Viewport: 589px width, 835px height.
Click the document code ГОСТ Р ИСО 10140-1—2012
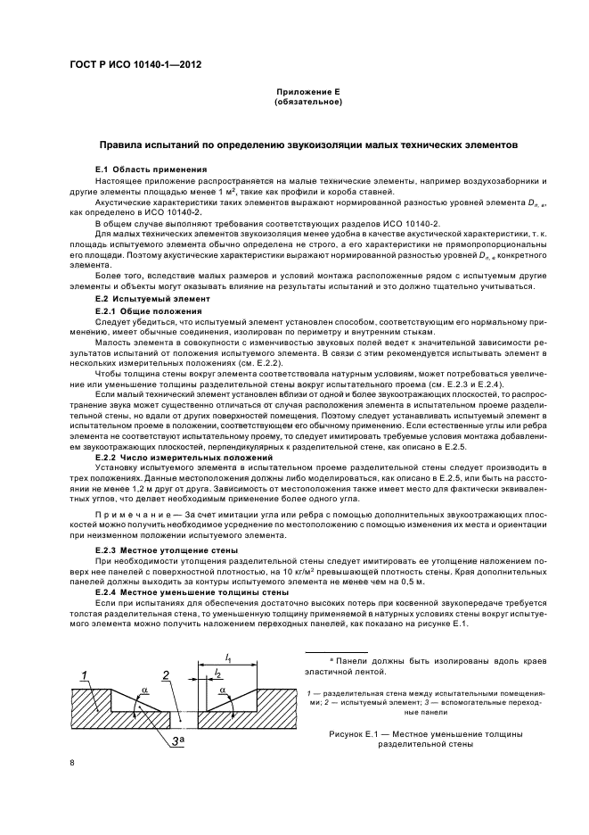click(x=128, y=64)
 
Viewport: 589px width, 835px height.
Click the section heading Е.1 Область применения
click(x=151, y=169)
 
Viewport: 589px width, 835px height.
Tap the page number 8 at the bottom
click(x=73, y=763)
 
